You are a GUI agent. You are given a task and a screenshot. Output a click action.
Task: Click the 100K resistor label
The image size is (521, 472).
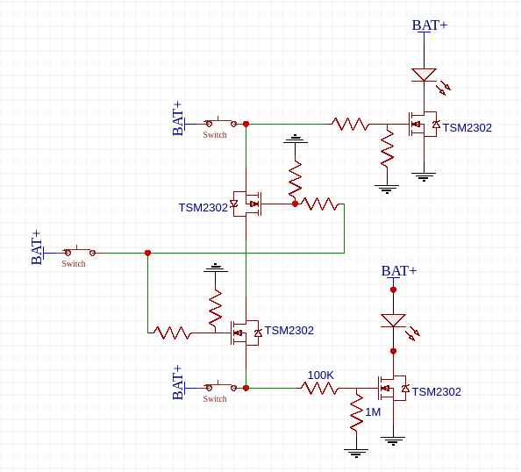tap(320, 375)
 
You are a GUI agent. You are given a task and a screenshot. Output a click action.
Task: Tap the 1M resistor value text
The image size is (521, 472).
tap(373, 412)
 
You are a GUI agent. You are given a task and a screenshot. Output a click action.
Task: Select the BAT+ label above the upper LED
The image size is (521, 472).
tap(430, 25)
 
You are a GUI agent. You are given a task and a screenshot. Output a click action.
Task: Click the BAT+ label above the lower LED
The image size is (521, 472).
tap(399, 271)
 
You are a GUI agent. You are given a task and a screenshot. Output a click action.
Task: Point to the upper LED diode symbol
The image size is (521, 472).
tap(425, 75)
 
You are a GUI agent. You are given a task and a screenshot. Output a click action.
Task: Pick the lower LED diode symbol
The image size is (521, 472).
tap(393, 321)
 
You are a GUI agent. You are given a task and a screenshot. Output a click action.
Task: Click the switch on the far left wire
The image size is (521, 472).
tap(74, 253)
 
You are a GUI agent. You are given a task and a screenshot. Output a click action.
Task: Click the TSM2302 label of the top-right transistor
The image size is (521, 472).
tap(467, 128)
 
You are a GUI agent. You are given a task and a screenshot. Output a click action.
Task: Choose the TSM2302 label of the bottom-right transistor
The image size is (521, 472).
tap(436, 392)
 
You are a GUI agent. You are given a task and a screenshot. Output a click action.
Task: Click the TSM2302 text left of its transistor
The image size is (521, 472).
tap(203, 208)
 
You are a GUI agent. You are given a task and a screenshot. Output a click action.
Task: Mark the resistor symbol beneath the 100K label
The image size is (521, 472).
tap(320, 388)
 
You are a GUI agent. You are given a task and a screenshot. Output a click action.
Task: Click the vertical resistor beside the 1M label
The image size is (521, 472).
tap(356, 412)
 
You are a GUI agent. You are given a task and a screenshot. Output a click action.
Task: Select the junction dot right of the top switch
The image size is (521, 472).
tap(246, 124)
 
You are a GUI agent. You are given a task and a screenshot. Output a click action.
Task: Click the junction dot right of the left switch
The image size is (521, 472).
tap(147, 253)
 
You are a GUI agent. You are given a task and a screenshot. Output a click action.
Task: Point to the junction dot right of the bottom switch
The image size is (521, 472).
tap(246, 388)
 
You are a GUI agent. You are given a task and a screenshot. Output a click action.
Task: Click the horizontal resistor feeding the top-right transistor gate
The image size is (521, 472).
tap(350, 124)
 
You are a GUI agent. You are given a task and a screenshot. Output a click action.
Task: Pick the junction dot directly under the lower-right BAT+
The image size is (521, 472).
tap(393, 290)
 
